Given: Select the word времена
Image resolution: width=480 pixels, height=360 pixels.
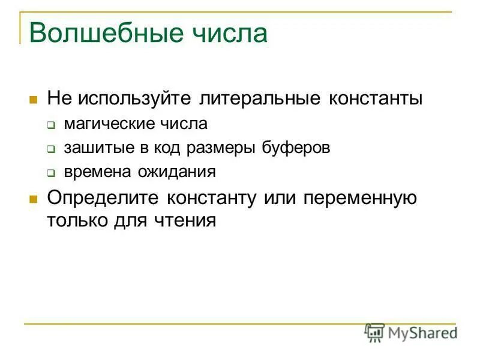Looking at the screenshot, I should [94, 172].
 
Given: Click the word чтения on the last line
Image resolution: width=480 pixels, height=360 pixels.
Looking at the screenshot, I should [184, 220].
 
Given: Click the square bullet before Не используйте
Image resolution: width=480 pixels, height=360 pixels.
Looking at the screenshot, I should [34, 99].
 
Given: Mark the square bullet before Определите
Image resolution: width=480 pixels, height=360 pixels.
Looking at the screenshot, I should [34, 199].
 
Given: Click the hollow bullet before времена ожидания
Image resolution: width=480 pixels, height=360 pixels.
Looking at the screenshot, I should [51, 173].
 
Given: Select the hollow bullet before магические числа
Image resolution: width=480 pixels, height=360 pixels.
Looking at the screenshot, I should [51, 125].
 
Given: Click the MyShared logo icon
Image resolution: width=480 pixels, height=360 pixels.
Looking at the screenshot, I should [375, 331].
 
